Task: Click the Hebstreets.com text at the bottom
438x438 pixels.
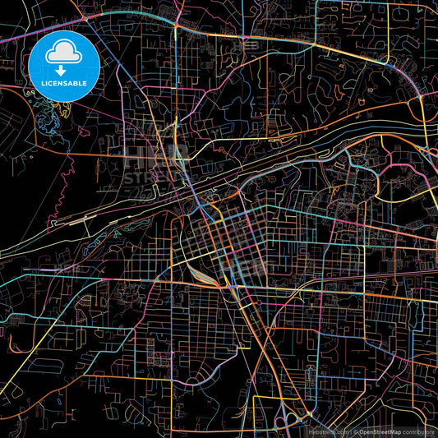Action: tap(328, 431)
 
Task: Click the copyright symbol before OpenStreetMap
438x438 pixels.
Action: tap(353, 431)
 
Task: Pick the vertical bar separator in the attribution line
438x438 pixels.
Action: tap(348, 431)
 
